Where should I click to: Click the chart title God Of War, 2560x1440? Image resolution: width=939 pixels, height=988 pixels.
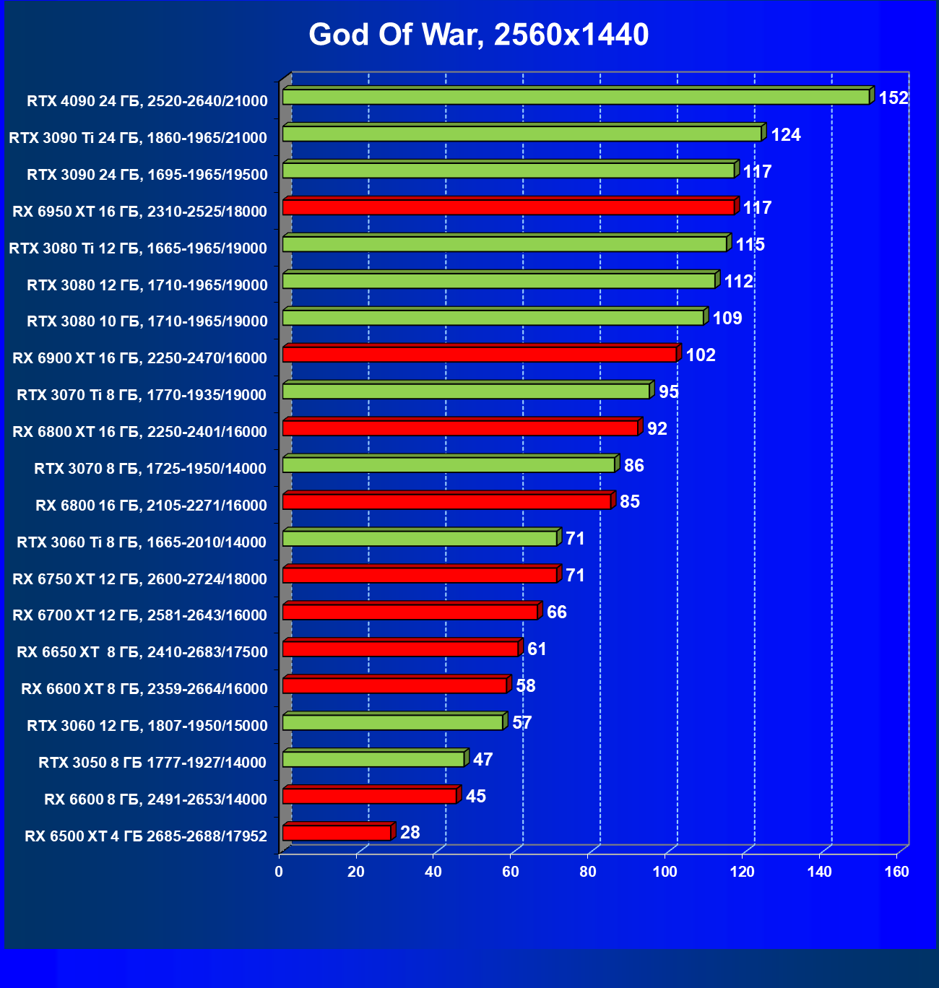pyautogui.click(x=479, y=35)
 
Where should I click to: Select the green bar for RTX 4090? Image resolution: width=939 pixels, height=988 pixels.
pyautogui.click(x=576, y=97)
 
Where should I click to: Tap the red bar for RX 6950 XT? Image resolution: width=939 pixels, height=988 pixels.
pyautogui.click(x=509, y=207)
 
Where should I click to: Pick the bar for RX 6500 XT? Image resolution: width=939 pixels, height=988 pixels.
pyautogui.click(x=337, y=833)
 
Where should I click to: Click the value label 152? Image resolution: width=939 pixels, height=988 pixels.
pyautogui.click(x=893, y=98)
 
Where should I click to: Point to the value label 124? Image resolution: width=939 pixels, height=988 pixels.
pyautogui.click(x=786, y=135)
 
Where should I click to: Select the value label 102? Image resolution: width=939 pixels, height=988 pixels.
pyautogui.click(x=701, y=355)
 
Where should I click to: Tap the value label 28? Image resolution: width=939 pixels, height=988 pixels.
pyautogui.click(x=410, y=833)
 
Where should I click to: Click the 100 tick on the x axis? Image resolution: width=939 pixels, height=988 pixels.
pyautogui.click(x=665, y=872)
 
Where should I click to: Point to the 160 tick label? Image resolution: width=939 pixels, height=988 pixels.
pyautogui.click(x=897, y=872)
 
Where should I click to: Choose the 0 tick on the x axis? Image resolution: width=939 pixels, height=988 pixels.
pyautogui.click(x=280, y=872)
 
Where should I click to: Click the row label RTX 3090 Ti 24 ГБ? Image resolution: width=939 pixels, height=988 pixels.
pyautogui.click(x=138, y=138)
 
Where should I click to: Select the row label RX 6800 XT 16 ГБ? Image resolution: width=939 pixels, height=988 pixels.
pyautogui.click(x=140, y=432)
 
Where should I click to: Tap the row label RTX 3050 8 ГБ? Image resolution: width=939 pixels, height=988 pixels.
pyautogui.click(x=152, y=763)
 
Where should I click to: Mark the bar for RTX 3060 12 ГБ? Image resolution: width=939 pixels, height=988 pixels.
pyautogui.click(x=393, y=722)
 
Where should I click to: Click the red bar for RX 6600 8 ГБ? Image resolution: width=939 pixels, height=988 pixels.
pyautogui.click(x=370, y=796)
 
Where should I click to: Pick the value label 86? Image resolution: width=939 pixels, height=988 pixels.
pyautogui.click(x=634, y=466)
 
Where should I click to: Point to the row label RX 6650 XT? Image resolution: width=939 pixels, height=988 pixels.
pyautogui.click(x=142, y=652)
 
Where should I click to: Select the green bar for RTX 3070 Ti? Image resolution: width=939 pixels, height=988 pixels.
pyautogui.click(x=466, y=391)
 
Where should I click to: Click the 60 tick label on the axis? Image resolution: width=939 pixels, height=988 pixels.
pyautogui.click(x=511, y=872)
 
